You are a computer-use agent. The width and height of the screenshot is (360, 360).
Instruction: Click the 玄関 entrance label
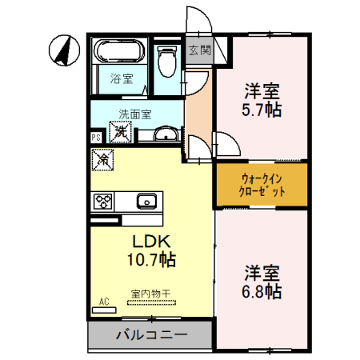tap(199, 50)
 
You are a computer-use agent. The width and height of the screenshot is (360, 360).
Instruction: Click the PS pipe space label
tap(96, 138)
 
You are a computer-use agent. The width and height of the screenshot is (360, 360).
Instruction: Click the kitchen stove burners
tap(104, 201)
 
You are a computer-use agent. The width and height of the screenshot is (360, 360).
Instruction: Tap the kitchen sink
tap(146, 200)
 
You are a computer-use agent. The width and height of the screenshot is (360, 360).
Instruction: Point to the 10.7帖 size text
tap(150, 260)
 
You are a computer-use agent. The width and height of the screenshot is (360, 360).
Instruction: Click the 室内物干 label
tap(150, 294)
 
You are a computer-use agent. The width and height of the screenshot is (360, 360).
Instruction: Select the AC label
tap(104, 302)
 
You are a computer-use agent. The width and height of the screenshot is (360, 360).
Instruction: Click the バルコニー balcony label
tap(150, 334)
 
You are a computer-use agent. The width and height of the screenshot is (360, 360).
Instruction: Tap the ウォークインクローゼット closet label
tap(262, 186)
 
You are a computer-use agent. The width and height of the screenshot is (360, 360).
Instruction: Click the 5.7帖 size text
tap(262, 109)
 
